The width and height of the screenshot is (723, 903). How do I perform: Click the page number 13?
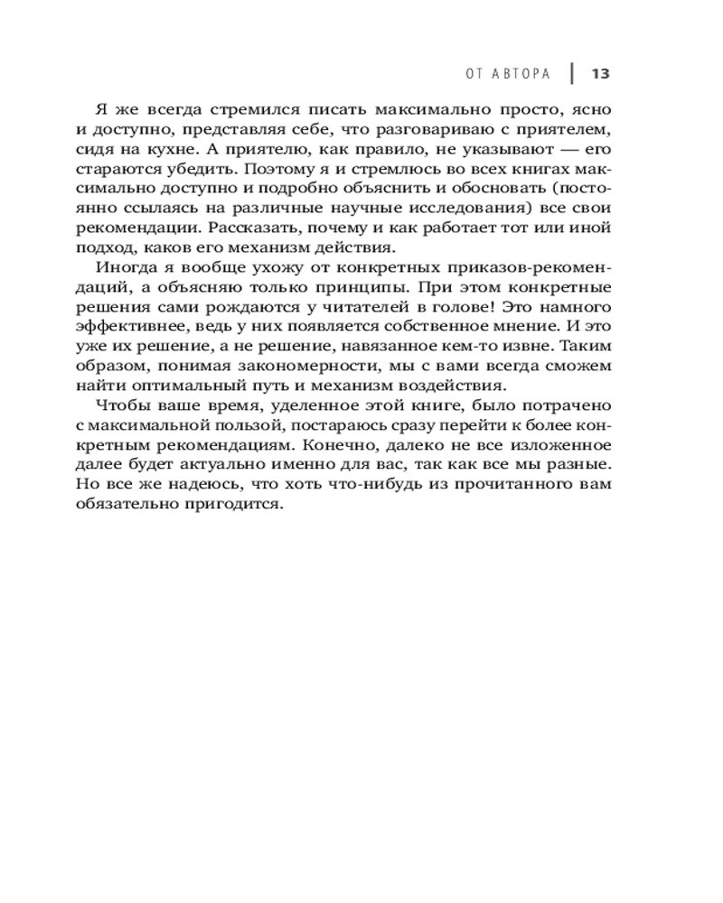point(602,73)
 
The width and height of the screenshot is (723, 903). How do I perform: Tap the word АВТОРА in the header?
point(523,73)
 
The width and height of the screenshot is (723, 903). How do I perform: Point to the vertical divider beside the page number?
point(572,72)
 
